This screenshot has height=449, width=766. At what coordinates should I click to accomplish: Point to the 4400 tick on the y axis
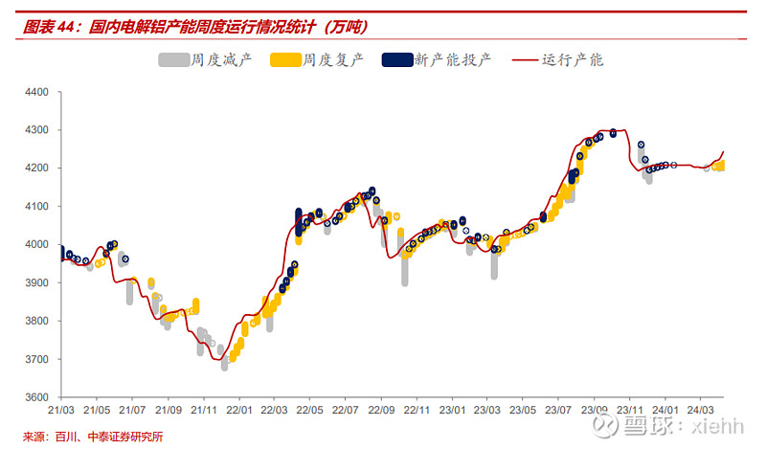coord(35,92)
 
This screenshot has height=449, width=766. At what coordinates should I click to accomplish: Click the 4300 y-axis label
coord(35,130)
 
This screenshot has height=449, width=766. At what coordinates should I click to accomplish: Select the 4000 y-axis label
coord(35,245)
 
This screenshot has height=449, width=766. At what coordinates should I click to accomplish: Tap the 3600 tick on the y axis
coord(35,397)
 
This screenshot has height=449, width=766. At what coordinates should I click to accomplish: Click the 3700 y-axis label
coord(35,359)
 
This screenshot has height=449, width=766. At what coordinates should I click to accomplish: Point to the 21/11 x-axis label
coord(203,410)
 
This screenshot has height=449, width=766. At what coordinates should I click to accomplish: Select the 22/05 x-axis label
coord(309,410)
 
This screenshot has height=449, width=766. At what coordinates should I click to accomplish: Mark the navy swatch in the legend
coord(396,59)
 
